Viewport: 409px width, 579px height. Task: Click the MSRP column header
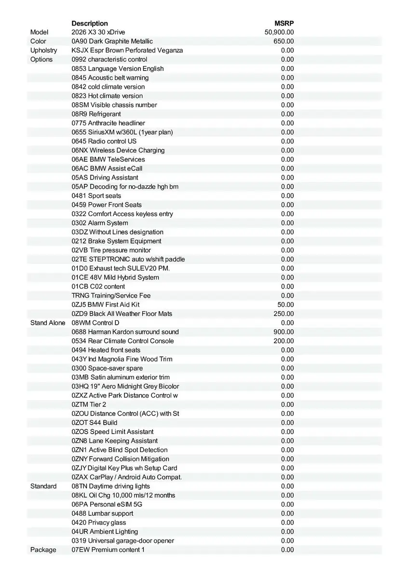click(284, 23)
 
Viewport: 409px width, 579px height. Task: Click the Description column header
click(90, 23)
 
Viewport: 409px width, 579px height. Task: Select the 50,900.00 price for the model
click(279, 32)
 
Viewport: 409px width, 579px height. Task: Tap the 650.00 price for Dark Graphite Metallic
click(284, 41)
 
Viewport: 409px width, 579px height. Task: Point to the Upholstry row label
click(43, 50)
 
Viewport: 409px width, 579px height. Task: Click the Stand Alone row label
click(48, 323)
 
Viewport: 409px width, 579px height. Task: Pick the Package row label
click(43, 550)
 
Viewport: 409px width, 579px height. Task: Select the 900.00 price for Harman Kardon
click(284, 332)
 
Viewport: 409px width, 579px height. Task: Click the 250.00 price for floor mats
click(284, 314)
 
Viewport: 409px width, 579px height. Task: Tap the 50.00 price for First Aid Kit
click(286, 304)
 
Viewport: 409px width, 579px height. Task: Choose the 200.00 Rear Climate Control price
click(284, 341)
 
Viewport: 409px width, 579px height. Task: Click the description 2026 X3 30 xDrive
click(98, 32)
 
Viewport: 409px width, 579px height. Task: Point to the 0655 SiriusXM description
click(122, 132)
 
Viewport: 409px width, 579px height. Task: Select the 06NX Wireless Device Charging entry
click(118, 150)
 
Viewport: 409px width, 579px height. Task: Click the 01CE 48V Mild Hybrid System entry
click(115, 277)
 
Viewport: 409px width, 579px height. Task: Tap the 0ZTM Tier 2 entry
click(89, 404)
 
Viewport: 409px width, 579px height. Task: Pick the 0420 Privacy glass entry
click(99, 523)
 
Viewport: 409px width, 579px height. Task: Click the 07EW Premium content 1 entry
click(108, 550)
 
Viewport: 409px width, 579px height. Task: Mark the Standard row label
click(43, 486)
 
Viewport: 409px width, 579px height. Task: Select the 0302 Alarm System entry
click(100, 223)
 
